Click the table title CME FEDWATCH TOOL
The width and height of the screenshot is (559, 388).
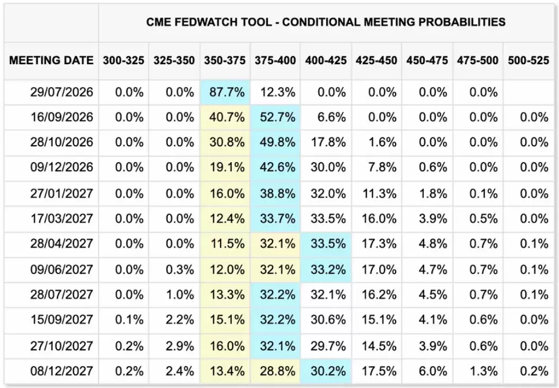pos(209,22)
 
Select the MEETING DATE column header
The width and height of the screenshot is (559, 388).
pos(51,60)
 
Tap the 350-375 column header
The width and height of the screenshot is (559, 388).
pos(224,60)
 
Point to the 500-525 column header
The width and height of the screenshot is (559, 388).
pos(528,60)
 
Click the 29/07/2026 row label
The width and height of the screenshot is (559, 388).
pos(62,92)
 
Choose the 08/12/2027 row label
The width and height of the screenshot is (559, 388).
pos(62,371)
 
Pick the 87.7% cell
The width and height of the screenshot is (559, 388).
pos(227,92)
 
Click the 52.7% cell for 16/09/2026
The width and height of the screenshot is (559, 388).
pos(277,117)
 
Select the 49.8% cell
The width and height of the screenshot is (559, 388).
pos(277,142)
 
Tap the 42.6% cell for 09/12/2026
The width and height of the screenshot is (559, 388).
pos(277,167)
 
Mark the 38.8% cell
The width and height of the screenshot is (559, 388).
pos(277,193)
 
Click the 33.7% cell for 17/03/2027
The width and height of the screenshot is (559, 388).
pos(277,218)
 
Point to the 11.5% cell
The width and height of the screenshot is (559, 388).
pos(227,244)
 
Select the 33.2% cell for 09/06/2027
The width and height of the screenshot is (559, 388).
pos(328,269)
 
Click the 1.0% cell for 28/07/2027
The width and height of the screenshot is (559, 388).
pos(180,295)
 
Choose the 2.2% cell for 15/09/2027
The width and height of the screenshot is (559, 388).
pos(180,320)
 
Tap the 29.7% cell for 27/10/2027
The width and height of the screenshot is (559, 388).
pos(328,346)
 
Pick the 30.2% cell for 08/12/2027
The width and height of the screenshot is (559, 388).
pos(328,371)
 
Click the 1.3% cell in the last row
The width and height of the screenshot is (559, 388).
pos(483,371)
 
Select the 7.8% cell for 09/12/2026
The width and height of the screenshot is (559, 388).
pos(382,167)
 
